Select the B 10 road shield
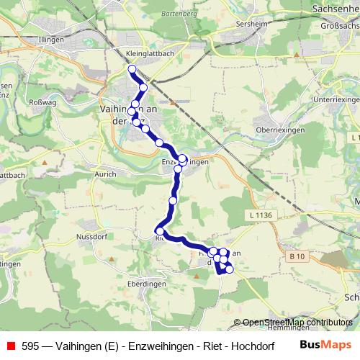[297, 256]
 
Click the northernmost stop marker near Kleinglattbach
[132, 69]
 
